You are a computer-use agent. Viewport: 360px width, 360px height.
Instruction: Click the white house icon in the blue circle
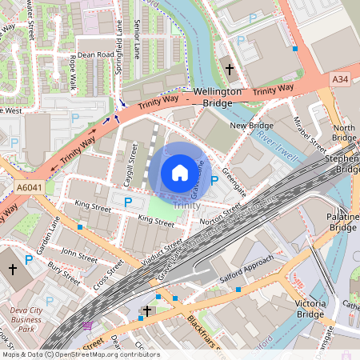tap(180, 173)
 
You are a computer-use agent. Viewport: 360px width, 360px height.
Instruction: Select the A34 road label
tap(342, 78)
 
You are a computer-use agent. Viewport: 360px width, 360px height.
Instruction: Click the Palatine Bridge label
tap(342, 222)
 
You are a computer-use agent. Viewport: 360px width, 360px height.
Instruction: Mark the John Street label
tap(79, 255)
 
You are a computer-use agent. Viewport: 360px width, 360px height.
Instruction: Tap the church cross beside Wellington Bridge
tap(230, 70)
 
